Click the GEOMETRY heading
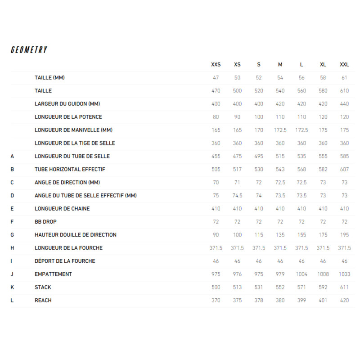coord(29,50)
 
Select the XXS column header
coord(216,65)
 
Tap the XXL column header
coord(344,65)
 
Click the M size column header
coord(280,65)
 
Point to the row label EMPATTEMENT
coord(53,274)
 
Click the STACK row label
coord(43,287)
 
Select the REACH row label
coord(43,300)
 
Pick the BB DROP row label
coord(45,222)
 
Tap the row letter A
coord(12,156)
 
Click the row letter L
coord(12,300)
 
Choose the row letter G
coord(12,235)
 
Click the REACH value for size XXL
coord(344,300)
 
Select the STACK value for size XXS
coord(216,287)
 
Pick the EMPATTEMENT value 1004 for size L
coord(301,274)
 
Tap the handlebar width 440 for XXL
coord(344,104)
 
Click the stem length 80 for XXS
coord(216,117)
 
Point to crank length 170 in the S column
coord(259,130)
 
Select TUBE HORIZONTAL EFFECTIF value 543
coord(280,169)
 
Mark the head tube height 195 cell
coord(344,235)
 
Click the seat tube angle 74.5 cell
coord(237,196)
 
